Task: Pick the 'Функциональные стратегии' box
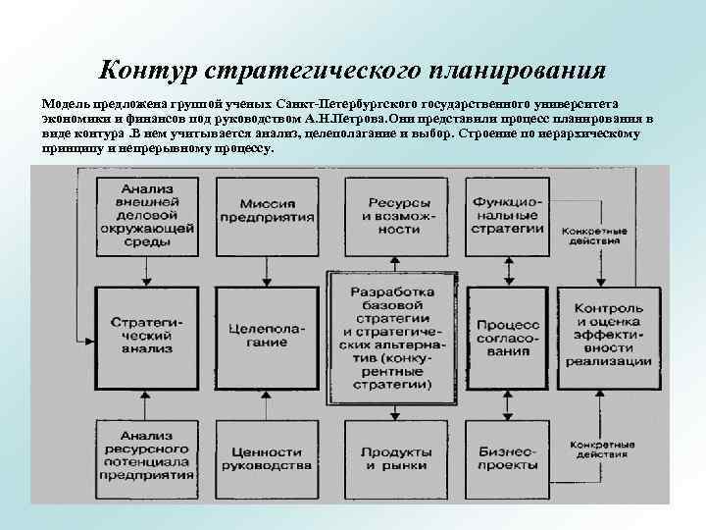tap(506, 213)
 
